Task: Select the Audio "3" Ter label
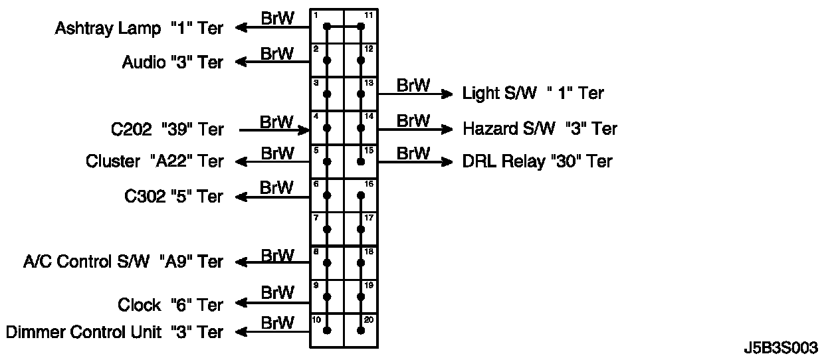pos(172,62)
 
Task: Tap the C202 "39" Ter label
pos(167,129)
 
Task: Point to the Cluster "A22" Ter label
pos(154,161)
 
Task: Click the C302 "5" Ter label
pos(173,197)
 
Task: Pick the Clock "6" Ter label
pos(170,305)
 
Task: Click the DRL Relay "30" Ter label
pos(537,161)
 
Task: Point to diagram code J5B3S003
pos(781,348)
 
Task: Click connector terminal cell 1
pos(327,27)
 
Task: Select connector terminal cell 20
pos(361,330)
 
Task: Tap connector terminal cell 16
pos(361,195)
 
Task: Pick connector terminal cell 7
pos(327,229)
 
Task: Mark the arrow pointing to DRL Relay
pos(447,161)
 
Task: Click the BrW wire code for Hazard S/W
pos(413,120)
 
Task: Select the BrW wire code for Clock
pos(277,292)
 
